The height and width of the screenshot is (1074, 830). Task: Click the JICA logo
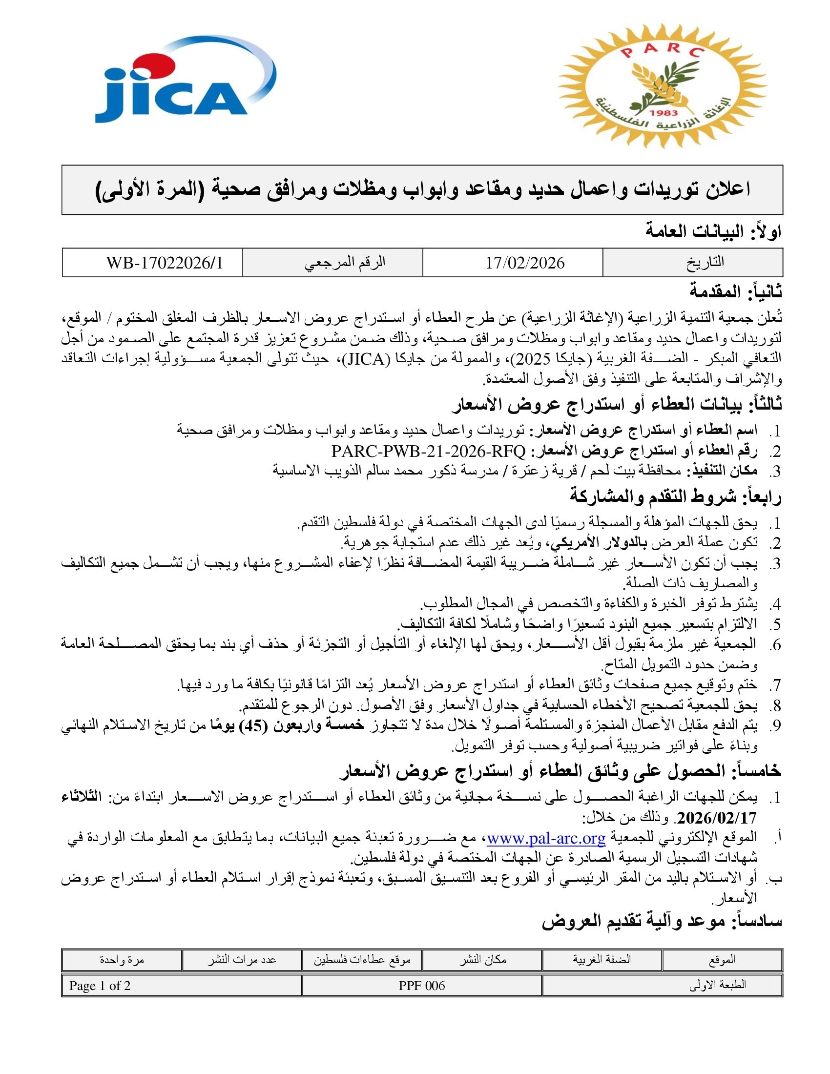185,81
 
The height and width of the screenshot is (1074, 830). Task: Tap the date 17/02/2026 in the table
525,263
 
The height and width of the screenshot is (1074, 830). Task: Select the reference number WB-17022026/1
165,263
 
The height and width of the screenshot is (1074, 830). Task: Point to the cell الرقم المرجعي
345,263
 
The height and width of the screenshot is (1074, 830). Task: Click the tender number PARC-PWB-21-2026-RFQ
428,451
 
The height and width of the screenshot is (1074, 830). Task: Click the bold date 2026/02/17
717,817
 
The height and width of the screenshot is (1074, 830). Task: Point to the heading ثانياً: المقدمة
736,292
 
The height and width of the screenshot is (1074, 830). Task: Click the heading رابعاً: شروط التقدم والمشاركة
676,496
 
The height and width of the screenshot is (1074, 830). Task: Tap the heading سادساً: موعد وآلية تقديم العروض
662,921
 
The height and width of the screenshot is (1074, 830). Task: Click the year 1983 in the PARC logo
663,113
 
